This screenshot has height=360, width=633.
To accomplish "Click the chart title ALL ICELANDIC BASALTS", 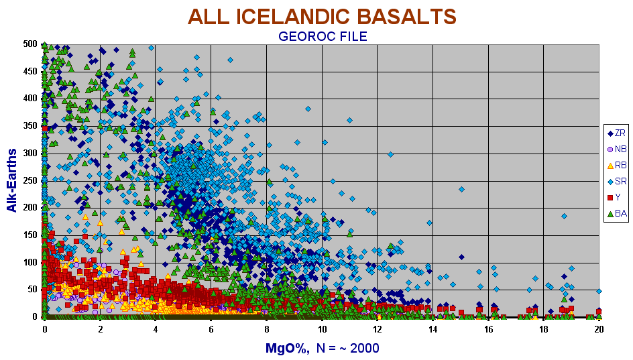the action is click(x=322, y=17).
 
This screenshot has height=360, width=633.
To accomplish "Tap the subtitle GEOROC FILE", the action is click(x=323, y=36).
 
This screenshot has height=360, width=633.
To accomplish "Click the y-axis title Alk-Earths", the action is click(x=12, y=180).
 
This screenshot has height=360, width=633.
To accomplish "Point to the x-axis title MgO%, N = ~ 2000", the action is click(x=322, y=348).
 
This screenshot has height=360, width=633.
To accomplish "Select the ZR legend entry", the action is click(x=616, y=133).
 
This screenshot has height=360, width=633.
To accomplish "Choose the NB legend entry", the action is click(x=616, y=149).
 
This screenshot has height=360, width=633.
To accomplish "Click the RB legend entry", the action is click(x=616, y=165).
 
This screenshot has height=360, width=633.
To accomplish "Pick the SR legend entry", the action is click(x=616, y=181).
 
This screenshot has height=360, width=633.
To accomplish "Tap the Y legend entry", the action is click(x=614, y=197).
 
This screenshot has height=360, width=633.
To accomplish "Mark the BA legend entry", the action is click(x=616, y=213).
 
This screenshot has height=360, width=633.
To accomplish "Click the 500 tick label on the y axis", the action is click(x=30, y=44).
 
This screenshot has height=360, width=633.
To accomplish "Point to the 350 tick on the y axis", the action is click(x=30, y=125).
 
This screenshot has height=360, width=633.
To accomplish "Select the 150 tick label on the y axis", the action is click(x=30, y=235).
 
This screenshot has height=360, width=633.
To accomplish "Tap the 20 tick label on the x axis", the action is click(x=599, y=329).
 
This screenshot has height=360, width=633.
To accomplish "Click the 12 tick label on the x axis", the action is click(x=377, y=329).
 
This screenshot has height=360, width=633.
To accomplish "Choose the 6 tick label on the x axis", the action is click(x=211, y=329).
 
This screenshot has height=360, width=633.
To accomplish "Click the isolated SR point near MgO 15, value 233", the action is click(x=461, y=189).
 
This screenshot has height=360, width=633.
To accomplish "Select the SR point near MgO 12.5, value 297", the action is click(x=390, y=154).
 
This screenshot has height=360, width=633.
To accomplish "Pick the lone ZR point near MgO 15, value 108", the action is click(x=461, y=257).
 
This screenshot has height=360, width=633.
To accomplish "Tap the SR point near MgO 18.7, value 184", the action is click(x=565, y=216).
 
